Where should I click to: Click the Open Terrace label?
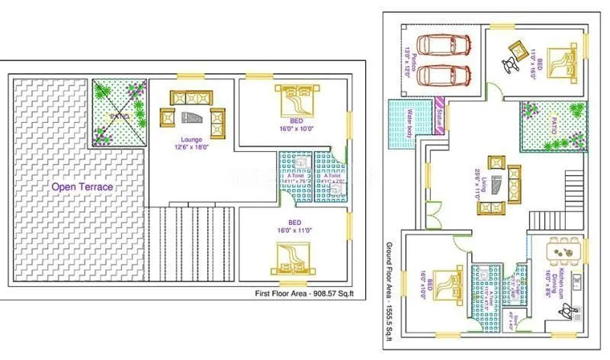[82, 186]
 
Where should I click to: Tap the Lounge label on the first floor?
[191, 140]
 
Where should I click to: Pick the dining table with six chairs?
[565, 249]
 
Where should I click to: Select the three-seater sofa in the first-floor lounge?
[192, 98]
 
